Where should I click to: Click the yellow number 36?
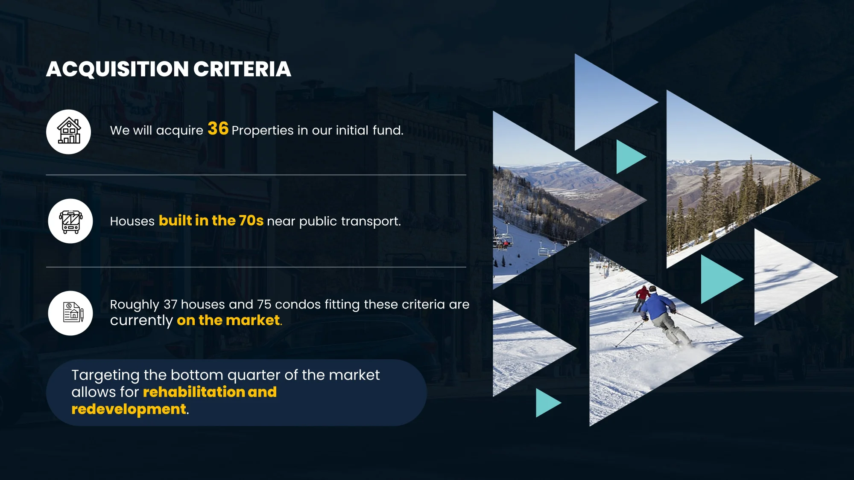click(x=218, y=128)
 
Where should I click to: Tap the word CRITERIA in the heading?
click(x=242, y=69)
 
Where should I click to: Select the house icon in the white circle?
click(x=69, y=131)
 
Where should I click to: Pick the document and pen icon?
click(x=73, y=312)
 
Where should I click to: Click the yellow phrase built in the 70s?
click(x=211, y=221)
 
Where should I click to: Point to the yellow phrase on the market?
click(x=228, y=320)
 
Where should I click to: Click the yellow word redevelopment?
click(x=129, y=409)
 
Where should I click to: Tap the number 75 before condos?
click(x=264, y=304)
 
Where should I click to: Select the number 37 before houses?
click(x=170, y=304)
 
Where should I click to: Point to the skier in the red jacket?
click(x=641, y=298)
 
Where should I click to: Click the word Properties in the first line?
click(x=262, y=130)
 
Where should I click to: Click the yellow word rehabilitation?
click(x=194, y=392)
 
